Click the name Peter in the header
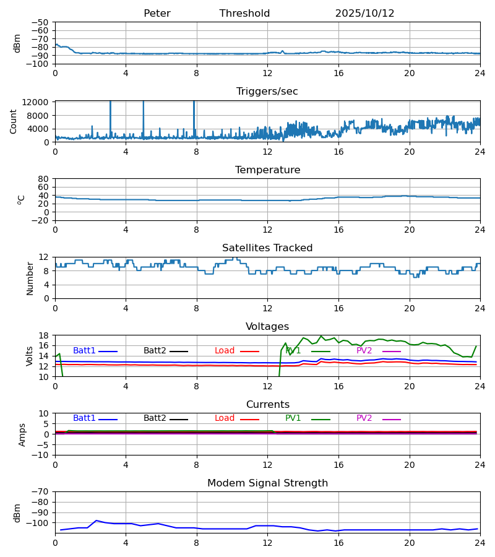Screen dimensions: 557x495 point(157,14)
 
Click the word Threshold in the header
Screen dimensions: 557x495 point(244,14)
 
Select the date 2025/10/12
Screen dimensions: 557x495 point(364,14)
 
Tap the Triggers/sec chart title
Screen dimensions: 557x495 point(267,92)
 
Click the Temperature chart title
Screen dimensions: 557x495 point(267,170)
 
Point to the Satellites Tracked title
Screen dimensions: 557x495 point(267,248)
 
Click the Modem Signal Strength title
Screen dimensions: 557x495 point(267,483)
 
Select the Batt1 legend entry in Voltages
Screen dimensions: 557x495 point(85,351)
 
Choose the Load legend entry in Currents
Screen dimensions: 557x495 point(225,418)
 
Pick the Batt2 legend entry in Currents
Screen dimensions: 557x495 point(155,418)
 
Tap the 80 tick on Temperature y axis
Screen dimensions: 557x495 point(43,179)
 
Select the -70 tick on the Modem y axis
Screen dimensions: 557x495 point(40,492)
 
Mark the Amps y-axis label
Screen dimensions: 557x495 point(22,434)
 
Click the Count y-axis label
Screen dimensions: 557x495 point(14,121)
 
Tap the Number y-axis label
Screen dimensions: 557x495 point(30,278)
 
